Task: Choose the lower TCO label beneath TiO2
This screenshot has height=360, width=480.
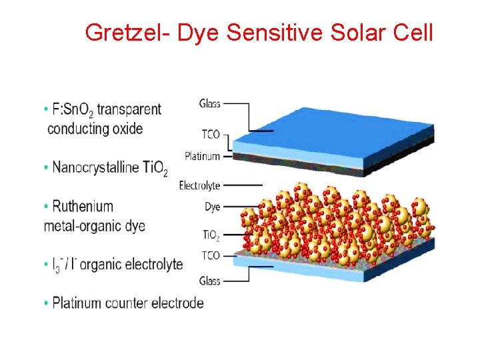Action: point(211,255)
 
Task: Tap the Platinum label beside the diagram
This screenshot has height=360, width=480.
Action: point(202,157)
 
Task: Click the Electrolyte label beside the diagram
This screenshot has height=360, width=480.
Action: point(199,185)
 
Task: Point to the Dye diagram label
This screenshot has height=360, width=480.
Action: point(212,207)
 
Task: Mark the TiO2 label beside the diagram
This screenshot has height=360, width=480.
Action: point(211,235)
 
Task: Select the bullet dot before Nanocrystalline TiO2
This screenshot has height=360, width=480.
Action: point(46,167)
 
